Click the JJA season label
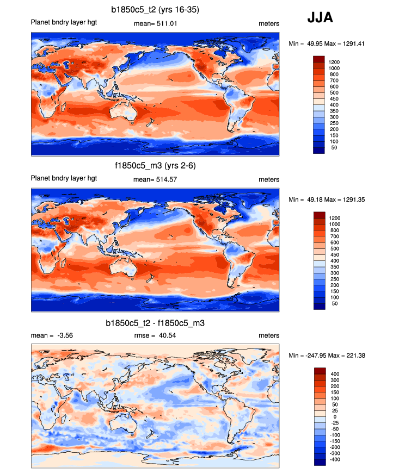(x=320, y=17)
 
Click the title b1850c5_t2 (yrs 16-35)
(x=155, y=10)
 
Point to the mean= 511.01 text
(x=155, y=24)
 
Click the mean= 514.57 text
(x=155, y=179)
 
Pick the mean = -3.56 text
(x=52, y=335)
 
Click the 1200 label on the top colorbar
(x=334, y=63)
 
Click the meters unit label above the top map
(x=269, y=24)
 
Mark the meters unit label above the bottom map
(x=269, y=335)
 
